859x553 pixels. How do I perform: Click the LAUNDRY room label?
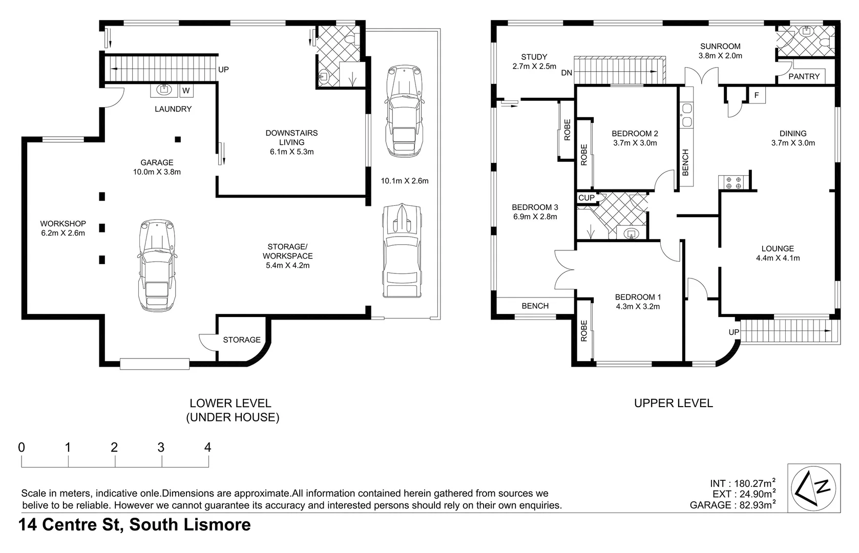173,109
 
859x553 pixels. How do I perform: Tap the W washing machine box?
186,91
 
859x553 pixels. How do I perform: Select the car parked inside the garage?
157,265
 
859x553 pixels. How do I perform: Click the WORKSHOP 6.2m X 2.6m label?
63,228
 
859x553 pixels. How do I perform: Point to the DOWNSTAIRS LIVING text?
291,137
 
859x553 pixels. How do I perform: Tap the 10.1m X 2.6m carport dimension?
405,181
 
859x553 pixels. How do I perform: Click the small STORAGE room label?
242,340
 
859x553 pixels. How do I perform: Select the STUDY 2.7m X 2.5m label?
534,61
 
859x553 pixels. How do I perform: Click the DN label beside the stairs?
567,73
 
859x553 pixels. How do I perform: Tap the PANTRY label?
804,76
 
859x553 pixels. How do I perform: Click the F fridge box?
757,95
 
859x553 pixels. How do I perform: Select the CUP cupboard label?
586,198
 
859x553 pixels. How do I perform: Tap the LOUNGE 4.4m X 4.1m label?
778,253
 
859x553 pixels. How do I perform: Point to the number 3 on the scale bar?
161,448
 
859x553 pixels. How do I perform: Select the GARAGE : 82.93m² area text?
732,505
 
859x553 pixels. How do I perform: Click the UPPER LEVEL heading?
673,403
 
